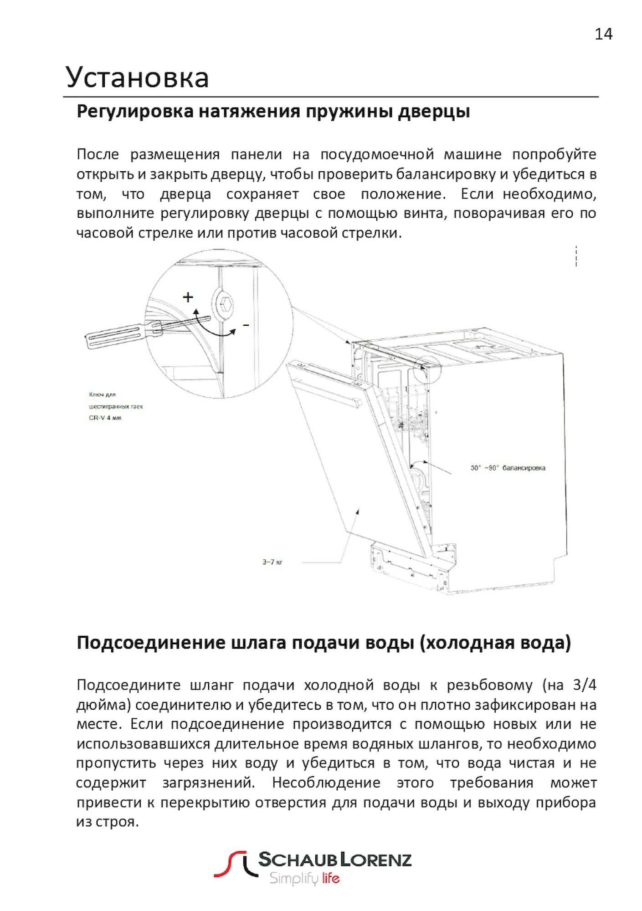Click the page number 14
coord(603,34)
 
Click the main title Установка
coord(137,77)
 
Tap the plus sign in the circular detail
coord(188,297)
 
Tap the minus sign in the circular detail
coord(246,325)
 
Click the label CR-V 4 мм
coord(105,418)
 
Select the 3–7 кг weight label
coord(272,562)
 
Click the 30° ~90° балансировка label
coord(508,468)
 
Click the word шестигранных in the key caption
coord(109,406)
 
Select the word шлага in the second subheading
coord(259,643)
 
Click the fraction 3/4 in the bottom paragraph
coord(584,685)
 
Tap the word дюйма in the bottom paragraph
coord(103,705)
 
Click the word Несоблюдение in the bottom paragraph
coord(326,783)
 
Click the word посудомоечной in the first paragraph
coord(377,154)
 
